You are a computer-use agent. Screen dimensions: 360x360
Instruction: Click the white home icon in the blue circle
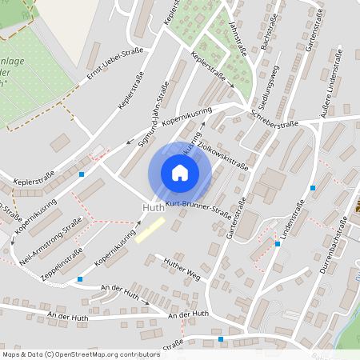[x=180, y=172]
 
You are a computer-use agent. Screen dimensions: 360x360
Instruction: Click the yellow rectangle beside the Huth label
[x=150, y=229]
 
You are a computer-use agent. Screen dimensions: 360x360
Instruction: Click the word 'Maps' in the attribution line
[x=12, y=354]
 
